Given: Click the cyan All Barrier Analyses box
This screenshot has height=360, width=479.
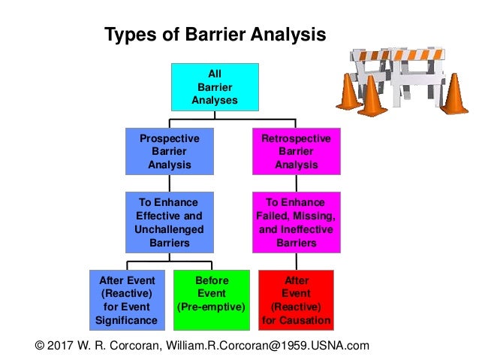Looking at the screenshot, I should click(215, 86).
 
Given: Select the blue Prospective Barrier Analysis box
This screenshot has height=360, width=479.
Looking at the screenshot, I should click(169, 152).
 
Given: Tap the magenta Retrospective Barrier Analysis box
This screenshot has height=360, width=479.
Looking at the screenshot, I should click(296, 152).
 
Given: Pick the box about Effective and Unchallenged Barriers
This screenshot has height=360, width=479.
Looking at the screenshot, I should click(169, 222).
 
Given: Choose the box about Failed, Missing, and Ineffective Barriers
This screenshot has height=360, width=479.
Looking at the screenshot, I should click(296, 222).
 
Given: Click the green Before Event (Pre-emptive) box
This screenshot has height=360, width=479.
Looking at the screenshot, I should click(212, 300).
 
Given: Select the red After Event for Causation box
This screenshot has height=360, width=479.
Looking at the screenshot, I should click(296, 300).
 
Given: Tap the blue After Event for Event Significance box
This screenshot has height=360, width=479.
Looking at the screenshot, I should click(126, 300).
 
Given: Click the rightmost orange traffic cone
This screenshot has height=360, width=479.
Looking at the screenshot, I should click(454, 95).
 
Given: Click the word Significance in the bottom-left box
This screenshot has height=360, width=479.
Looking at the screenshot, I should click(126, 321).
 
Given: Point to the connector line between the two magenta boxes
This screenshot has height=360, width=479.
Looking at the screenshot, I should click(296, 183).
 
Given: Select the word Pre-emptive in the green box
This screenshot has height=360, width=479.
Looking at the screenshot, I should click(212, 307).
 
